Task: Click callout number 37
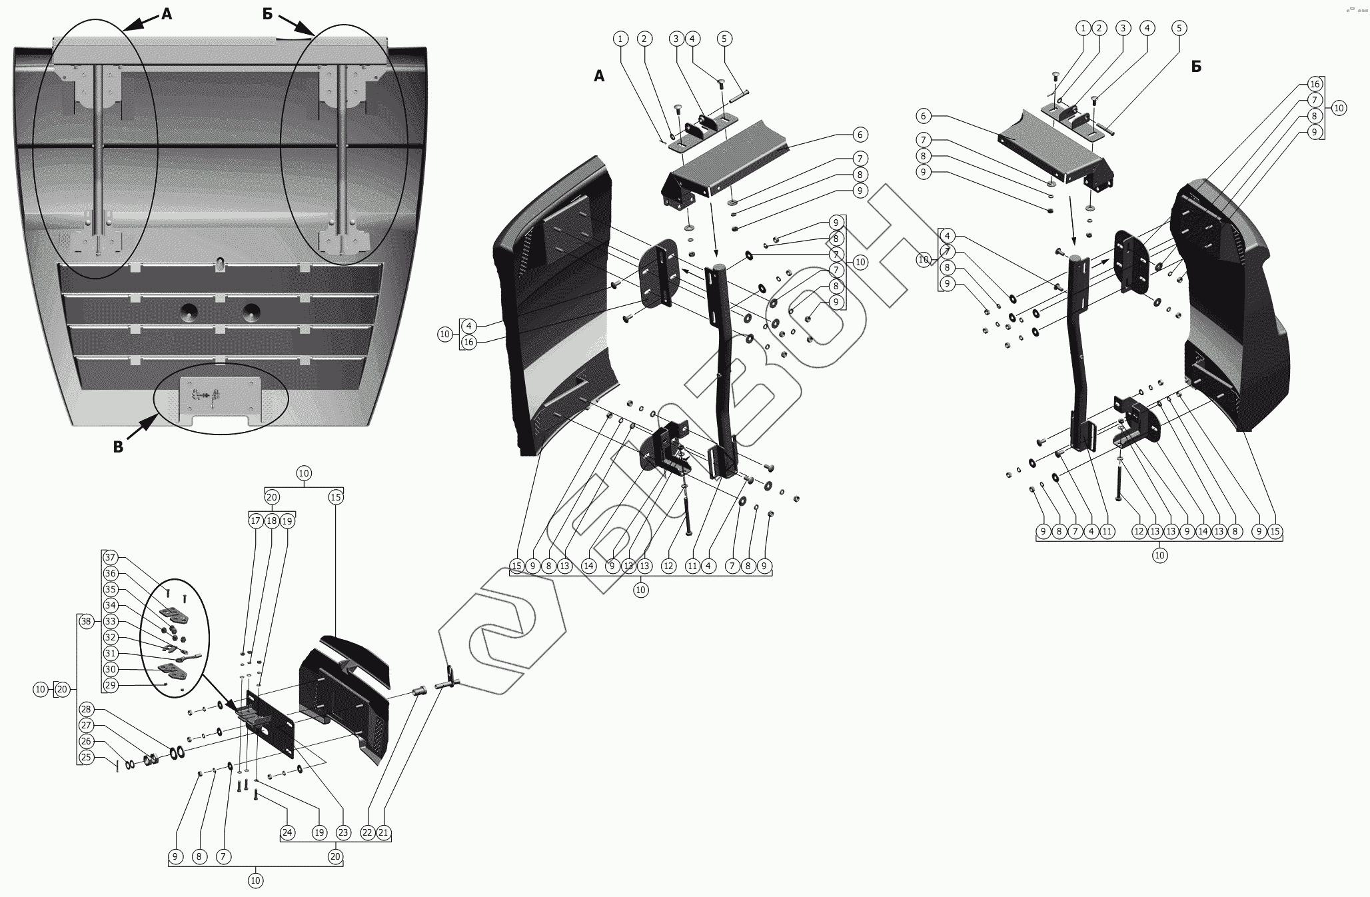(111, 557)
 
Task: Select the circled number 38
(85, 621)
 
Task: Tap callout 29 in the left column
(111, 685)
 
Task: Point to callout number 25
(86, 757)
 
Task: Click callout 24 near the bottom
(287, 832)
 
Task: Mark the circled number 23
(343, 832)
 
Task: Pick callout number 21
(383, 832)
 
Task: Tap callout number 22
(367, 832)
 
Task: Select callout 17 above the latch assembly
(256, 520)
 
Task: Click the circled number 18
(272, 520)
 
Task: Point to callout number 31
(111, 653)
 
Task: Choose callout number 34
(111, 605)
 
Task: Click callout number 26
(86, 741)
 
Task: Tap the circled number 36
(111, 573)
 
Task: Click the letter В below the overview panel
(118, 447)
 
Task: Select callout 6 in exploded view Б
(923, 116)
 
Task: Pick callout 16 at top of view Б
(1314, 84)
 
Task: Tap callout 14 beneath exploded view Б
(1203, 532)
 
